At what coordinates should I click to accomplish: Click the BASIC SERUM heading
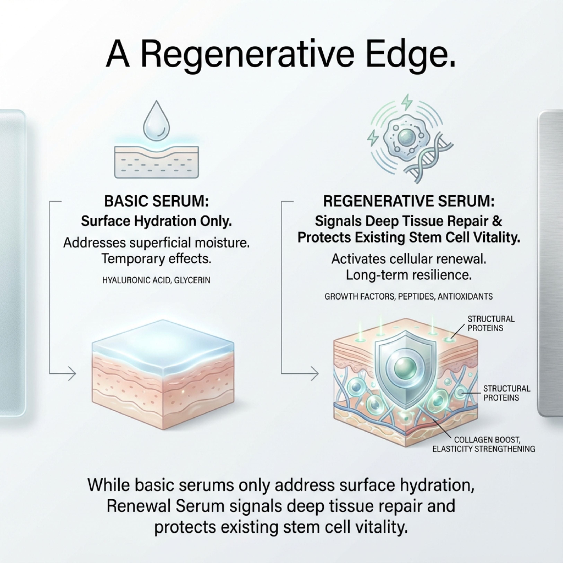pyautogui.click(x=156, y=201)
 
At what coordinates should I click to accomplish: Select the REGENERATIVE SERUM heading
pyautogui.click(x=408, y=201)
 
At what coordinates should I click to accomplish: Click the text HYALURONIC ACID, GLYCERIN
pyautogui.click(x=156, y=280)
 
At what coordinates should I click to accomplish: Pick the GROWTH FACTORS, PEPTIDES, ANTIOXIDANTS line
pyautogui.click(x=408, y=297)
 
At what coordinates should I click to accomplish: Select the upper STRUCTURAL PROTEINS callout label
pyautogui.click(x=491, y=323)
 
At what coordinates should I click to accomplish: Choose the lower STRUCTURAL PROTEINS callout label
pyautogui.click(x=507, y=393)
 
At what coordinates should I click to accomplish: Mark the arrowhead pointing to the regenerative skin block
pyautogui.click(x=315, y=373)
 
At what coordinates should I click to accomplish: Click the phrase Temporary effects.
pyautogui.click(x=156, y=259)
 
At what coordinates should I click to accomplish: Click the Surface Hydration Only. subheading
pyautogui.click(x=156, y=221)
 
